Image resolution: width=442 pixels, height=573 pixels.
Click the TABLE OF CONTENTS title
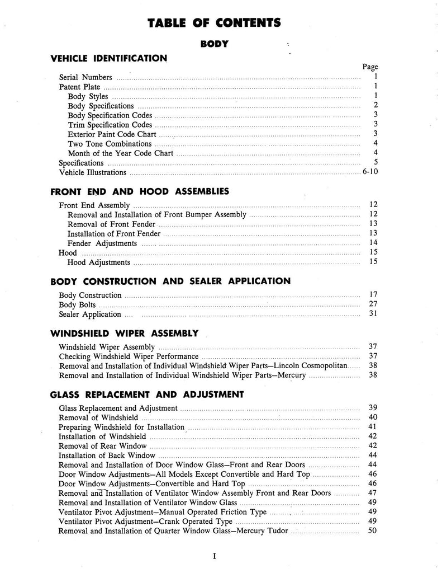pyautogui.click(x=215, y=23)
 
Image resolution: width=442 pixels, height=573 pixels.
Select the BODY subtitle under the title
pyautogui.click(x=214, y=44)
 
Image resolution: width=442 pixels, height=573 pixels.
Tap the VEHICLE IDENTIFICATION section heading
pyautogui.click(x=108, y=58)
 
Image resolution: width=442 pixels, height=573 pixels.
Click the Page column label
pyautogui.click(x=370, y=67)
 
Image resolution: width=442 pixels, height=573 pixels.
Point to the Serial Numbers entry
pyautogui.click(x=85, y=77)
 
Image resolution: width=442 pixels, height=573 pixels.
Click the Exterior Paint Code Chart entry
pyautogui.click(x=112, y=134)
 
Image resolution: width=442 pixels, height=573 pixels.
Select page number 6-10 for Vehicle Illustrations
pyautogui.click(x=370, y=172)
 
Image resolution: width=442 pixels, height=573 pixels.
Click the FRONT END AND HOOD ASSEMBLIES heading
pyautogui.click(x=139, y=191)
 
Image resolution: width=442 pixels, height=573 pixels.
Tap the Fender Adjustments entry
pyautogui.click(x=102, y=243)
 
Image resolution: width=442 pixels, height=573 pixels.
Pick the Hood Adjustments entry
pyautogui.click(x=99, y=262)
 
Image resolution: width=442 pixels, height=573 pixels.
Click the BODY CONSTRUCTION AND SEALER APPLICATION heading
pyautogui.click(x=170, y=281)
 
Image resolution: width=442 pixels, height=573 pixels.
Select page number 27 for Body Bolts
pyautogui.click(x=373, y=305)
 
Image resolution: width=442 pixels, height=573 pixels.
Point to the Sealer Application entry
pyautogui.click(x=90, y=314)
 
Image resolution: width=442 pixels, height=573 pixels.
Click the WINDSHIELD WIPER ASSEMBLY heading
pyautogui.click(x=124, y=334)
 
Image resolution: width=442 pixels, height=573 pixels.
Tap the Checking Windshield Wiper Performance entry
pyautogui.click(x=129, y=356)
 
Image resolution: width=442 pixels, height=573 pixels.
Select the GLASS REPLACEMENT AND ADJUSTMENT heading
pyautogui.click(x=146, y=394)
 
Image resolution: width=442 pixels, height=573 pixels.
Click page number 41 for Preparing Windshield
pyautogui.click(x=373, y=427)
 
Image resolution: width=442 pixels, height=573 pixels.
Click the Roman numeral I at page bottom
pyautogui.click(x=214, y=556)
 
